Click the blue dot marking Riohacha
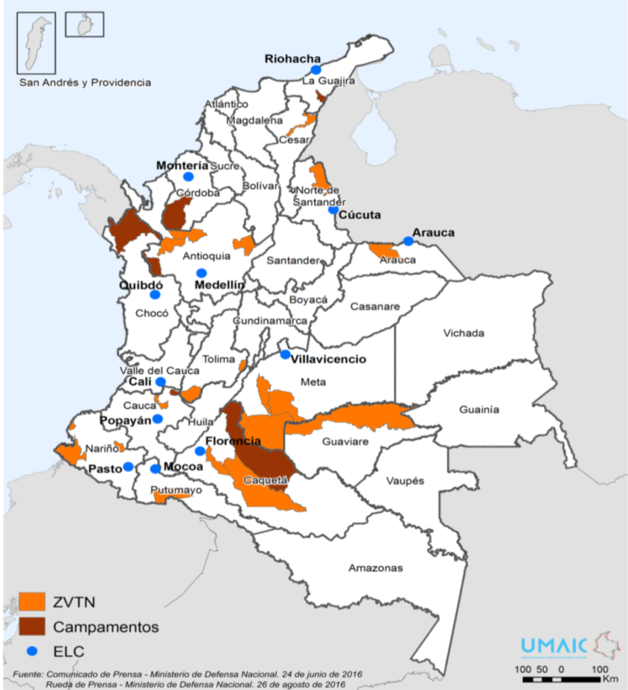point(316,69)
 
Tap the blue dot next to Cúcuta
point(333,210)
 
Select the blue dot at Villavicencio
point(286,354)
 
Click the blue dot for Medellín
point(201,273)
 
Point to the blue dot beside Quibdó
point(155,294)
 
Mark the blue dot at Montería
point(188,177)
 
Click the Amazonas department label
point(375,568)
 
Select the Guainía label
point(479,409)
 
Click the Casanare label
point(375,306)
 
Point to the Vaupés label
point(405,481)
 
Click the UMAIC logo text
point(553,646)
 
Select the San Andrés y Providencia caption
point(85,82)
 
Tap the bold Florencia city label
point(232,441)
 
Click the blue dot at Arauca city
point(408,241)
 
